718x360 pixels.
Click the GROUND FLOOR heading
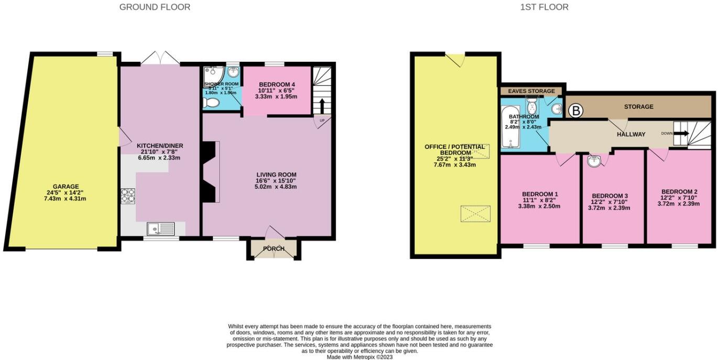point(155,7)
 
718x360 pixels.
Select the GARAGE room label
point(66,186)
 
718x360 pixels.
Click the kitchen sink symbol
point(161,228)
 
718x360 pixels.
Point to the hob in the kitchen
point(128,195)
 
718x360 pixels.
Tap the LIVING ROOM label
point(277,174)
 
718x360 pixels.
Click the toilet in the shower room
point(211,103)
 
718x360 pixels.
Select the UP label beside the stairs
point(321,121)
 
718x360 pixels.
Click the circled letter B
point(576,111)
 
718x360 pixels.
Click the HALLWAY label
point(631,134)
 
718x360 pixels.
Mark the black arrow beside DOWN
point(680,133)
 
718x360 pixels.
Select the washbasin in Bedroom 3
point(594,161)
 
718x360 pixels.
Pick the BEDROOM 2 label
point(679,191)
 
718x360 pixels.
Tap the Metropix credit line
point(360,357)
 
